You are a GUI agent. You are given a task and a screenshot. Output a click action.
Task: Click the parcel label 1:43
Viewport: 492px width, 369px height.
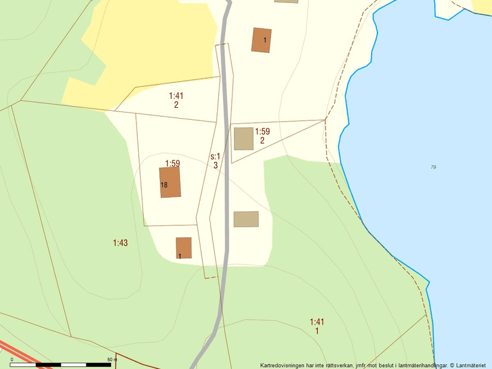point(120,243)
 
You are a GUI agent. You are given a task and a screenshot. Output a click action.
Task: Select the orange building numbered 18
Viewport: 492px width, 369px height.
point(169,182)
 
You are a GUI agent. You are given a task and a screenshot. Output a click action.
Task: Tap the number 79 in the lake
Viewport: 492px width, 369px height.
point(433,167)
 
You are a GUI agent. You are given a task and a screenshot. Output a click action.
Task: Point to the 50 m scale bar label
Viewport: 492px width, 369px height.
point(112,359)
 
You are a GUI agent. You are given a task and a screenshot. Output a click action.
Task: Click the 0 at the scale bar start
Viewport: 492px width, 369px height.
point(11,359)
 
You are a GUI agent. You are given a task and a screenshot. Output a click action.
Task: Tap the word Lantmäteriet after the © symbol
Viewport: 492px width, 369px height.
point(471,365)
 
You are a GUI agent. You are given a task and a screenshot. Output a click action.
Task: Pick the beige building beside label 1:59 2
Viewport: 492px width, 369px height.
point(243,138)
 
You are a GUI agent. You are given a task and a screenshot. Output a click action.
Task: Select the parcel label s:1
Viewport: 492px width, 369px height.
point(215,157)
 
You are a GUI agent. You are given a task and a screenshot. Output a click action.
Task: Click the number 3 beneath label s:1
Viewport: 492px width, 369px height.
point(215,165)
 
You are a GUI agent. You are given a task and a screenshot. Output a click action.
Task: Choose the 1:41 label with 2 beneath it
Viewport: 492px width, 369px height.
point(176,95)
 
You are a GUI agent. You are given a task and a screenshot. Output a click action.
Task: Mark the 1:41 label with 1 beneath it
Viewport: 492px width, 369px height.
point(317,322)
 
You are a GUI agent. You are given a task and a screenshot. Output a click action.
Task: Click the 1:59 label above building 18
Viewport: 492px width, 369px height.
point(172,163)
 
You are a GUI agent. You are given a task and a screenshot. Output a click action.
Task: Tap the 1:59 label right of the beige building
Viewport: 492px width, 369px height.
point(262,132)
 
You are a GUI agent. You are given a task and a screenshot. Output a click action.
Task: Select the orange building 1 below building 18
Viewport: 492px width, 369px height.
point(184,248)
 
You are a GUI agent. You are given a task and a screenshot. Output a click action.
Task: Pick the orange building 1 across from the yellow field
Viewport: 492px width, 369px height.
point(261,40)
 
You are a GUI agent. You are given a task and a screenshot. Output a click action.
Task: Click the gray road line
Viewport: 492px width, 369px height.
point(225,179)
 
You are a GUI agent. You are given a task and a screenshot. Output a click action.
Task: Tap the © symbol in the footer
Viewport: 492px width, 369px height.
point(452,365)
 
